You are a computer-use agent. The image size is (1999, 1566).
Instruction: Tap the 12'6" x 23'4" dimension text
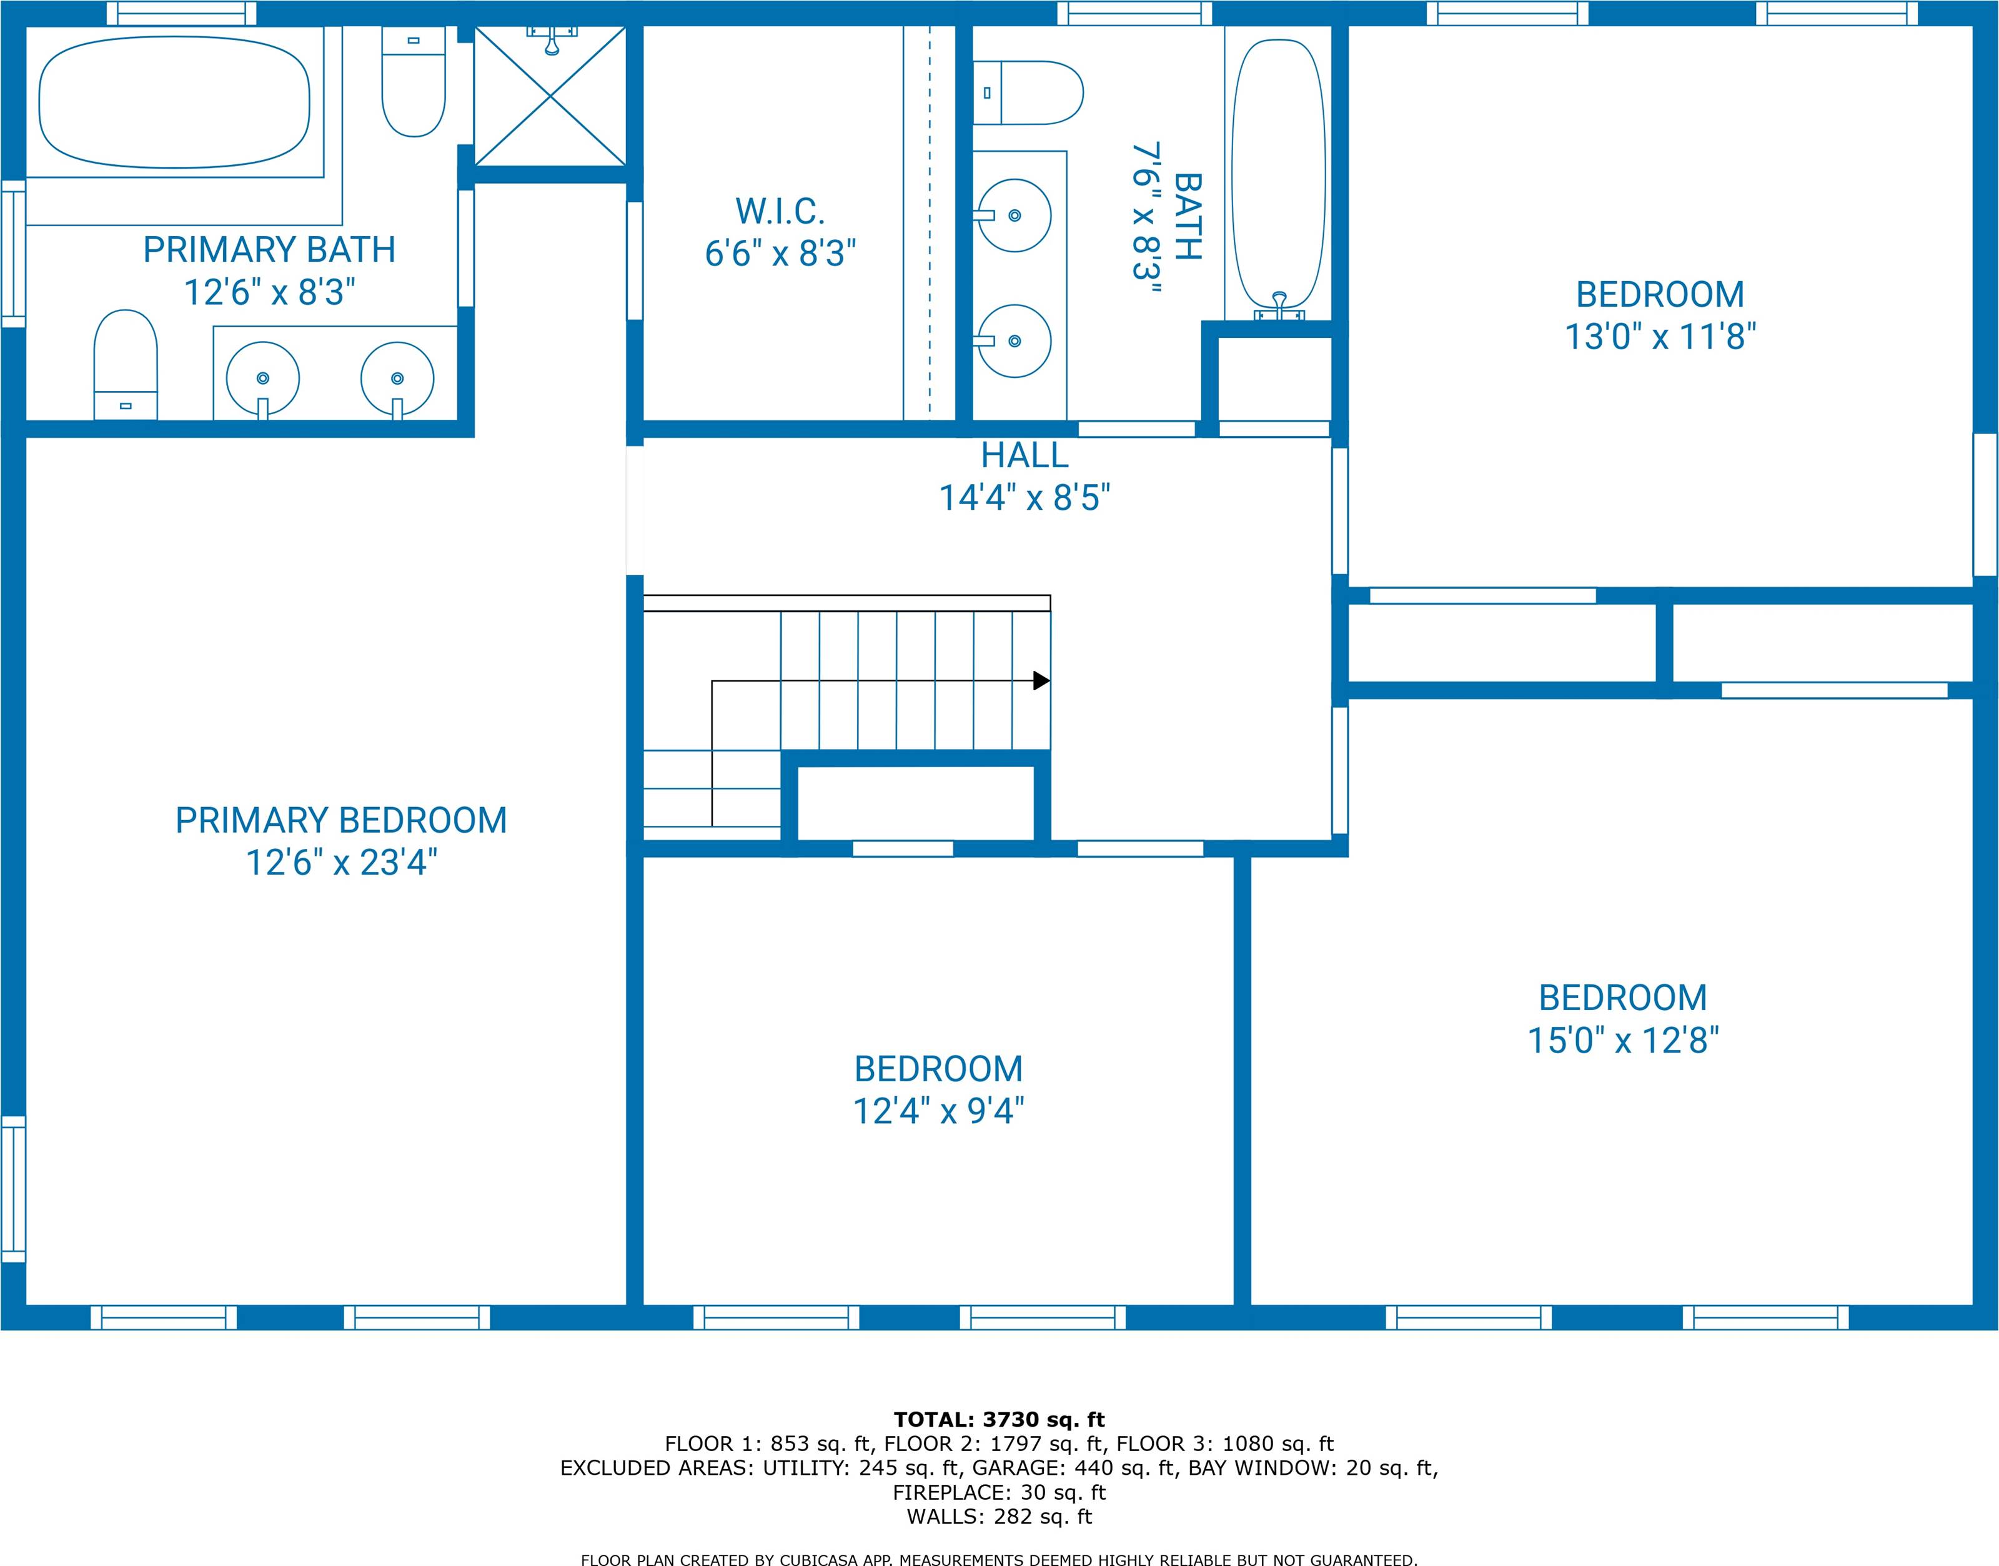point(341,863)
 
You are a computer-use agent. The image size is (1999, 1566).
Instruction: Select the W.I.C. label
point(780,212)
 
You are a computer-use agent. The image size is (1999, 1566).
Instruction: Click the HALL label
point(1024,455)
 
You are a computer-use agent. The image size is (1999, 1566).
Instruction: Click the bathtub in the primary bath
point(174,102)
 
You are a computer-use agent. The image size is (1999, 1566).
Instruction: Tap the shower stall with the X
point(549,96)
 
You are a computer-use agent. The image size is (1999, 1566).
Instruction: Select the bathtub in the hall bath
point(1278,174)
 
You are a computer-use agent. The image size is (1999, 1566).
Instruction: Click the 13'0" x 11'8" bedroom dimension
point(1660,337)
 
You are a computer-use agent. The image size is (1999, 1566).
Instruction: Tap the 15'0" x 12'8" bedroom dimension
point(1623,1041)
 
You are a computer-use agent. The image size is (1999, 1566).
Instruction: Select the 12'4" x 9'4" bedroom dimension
point(938,1111)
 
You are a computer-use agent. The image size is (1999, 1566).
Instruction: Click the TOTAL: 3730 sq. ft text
point(999,1420)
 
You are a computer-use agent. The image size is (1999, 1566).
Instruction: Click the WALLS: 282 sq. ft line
point(999,1517)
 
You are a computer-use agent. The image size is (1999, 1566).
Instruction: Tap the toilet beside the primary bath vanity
point(126,365)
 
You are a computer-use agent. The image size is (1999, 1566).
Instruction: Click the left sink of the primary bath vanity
point(263,379)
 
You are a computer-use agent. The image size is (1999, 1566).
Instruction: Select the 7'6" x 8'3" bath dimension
point(1146,217)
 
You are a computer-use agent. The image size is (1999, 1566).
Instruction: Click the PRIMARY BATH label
point(269,249)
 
